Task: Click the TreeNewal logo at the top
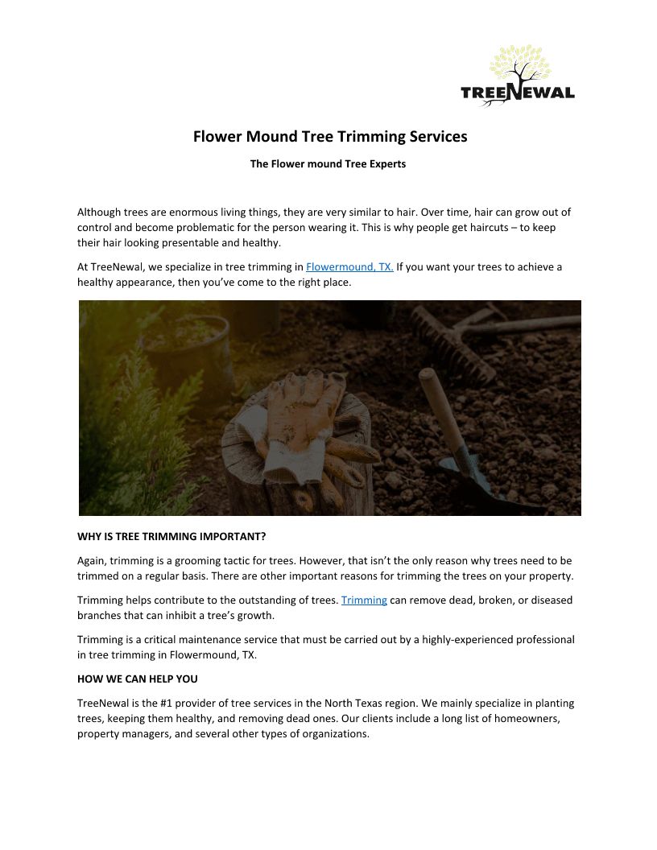[517, 76]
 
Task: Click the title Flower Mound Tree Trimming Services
[329, 137]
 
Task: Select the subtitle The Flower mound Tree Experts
[328, 164]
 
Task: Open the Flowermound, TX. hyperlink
[349, 267]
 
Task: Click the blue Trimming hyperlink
[364, 600]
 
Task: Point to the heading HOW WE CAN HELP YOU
[137, 679]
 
